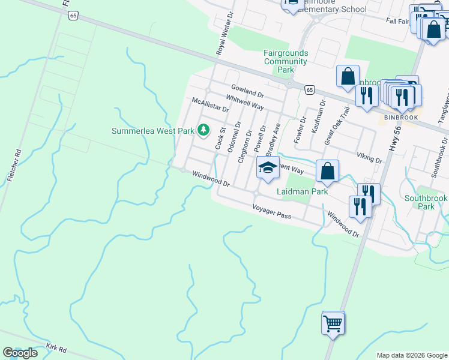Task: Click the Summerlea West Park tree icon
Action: pos(203,130)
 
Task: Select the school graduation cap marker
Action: pos(268,169)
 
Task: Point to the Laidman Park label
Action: pos(303,191)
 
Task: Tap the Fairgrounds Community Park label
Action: pos(285,61)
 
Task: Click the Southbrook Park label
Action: pos(426,202)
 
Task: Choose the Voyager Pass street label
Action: pos(271,212)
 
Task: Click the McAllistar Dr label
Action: pos(209,106)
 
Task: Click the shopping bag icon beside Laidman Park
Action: pos(327,171)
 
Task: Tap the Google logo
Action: pos(20,353)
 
